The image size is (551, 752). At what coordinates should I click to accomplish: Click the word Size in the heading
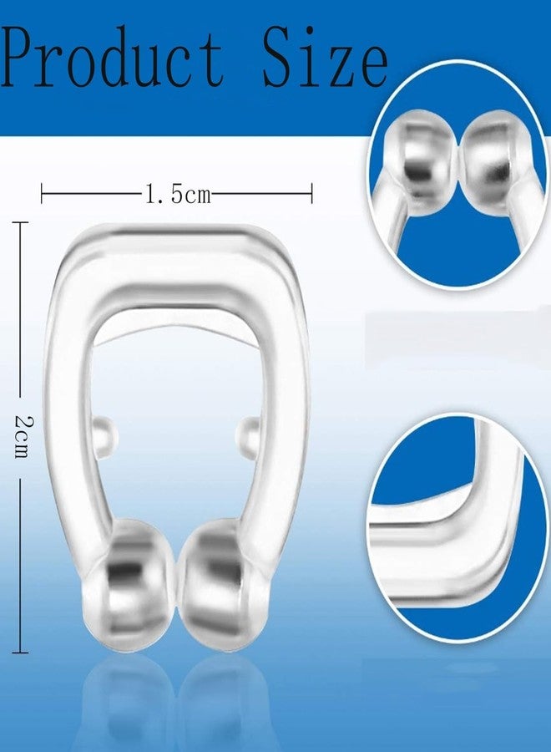point(325,56)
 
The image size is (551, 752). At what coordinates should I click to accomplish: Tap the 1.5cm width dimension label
point(178,194)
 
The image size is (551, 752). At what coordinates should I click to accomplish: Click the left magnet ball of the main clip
point(130,585)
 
